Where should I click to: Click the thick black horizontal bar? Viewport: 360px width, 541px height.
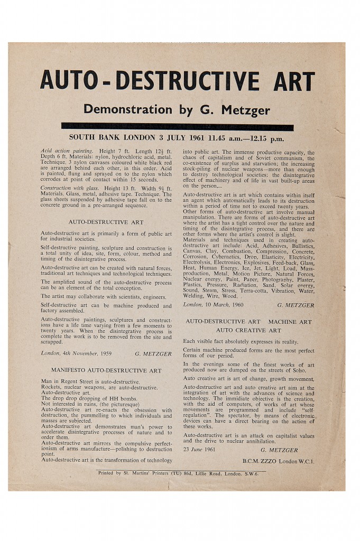[x=177, y=127]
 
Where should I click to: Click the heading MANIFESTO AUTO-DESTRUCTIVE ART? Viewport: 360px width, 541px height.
[x=106, y=370]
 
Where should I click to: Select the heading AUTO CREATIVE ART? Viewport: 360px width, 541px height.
[x=248, y=330]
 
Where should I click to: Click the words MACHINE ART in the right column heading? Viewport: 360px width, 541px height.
[x=291, y=321]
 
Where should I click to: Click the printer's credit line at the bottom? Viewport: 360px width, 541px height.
[x=178, y=473]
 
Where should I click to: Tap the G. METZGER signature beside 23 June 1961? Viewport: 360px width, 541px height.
[x=279, y=450]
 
